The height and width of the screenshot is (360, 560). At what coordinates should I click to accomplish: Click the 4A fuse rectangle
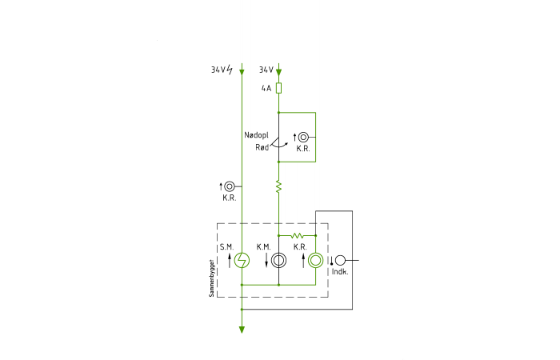278,88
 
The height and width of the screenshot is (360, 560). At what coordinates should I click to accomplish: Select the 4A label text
266,88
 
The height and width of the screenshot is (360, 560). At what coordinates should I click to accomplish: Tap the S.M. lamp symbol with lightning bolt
242,260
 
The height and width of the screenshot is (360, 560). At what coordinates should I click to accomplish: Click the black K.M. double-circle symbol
278,260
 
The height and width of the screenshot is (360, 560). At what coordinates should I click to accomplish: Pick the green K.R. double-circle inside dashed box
316,260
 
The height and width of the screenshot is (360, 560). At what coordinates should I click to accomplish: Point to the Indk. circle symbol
340,260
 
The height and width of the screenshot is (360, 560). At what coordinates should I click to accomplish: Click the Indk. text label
340,272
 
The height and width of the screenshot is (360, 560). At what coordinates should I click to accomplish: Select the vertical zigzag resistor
278,186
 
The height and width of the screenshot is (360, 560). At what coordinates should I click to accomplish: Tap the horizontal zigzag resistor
297,236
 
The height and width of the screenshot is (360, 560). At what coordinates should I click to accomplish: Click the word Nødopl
257,135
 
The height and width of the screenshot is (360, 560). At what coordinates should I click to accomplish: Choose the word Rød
262,147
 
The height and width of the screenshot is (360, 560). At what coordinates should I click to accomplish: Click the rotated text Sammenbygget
211,278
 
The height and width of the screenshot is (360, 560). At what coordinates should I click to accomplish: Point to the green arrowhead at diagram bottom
242,330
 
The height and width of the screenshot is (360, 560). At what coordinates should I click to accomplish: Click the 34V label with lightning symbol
222,70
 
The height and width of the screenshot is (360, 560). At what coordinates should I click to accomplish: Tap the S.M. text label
226,246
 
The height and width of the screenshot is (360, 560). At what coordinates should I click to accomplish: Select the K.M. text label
263,246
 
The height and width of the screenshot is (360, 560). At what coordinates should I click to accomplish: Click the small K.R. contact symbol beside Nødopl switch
303,137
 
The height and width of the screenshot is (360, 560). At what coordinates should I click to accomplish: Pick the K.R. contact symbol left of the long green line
230,186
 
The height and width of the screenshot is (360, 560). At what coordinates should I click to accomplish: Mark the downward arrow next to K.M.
266,260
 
